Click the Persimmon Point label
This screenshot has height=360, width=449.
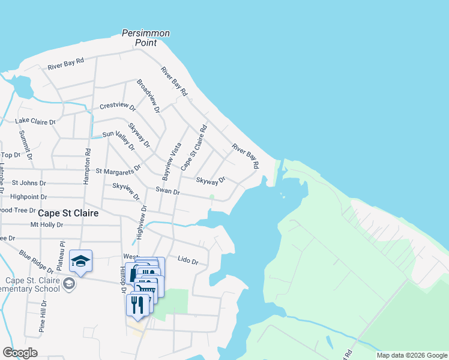(x=146, y=38)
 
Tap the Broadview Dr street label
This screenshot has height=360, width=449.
(x=148, y=96)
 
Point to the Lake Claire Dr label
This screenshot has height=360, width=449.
(x=35, y=122)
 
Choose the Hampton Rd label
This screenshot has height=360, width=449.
(x=88, y=162)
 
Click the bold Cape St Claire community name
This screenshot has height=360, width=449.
(x=68, y=213)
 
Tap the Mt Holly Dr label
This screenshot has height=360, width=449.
(x=46, y=225)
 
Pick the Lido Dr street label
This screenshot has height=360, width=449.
(x=188, y=260)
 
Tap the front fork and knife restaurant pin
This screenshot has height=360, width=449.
(x=137, y=305)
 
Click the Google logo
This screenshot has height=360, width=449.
(x=20, y=353)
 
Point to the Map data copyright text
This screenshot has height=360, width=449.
(x=411, y=355)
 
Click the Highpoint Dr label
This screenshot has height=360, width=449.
(x=29, y=197)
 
